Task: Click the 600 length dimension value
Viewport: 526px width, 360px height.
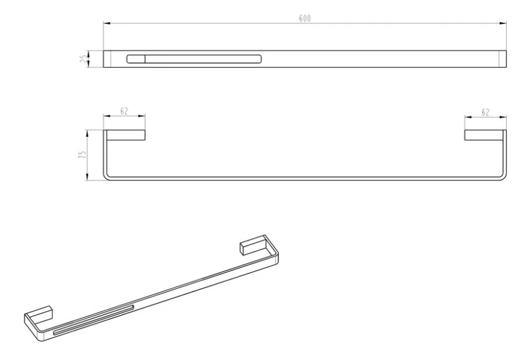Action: (x=305, y=18)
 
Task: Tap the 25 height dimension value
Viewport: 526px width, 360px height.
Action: (x=83, y=59)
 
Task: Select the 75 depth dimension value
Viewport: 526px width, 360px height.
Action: (x=83, y=155)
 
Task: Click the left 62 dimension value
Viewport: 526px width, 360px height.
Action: (x=124, y=111)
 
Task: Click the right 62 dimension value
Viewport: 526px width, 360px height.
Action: (x=485, y=112)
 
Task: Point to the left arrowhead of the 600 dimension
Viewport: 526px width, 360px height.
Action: (x=107, y=23)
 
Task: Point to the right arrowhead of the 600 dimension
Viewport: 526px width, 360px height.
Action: (x=503, y=23)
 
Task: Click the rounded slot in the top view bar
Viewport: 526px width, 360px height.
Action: (x=194, y=59)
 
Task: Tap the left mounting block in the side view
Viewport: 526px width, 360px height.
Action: (x=126, y=135)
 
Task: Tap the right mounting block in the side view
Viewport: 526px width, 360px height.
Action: (x=484, y=135)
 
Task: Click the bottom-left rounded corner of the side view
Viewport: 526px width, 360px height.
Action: (x=106, y=178)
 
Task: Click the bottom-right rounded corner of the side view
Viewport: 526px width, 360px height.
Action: (x=504, y=178)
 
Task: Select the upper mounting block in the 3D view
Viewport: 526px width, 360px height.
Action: (x=253, y=247)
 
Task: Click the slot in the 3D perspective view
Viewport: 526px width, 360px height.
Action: (x=94, y=320)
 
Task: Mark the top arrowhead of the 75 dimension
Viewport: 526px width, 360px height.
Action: (x=87, y=133)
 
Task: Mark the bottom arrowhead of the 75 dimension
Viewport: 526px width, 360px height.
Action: (x=87, y=177)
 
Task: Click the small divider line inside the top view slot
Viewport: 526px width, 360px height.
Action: (x=145, y=59)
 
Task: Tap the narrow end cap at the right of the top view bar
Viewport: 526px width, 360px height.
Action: (x=503, y=59)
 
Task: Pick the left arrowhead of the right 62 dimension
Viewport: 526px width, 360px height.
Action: (x=468, y=118)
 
